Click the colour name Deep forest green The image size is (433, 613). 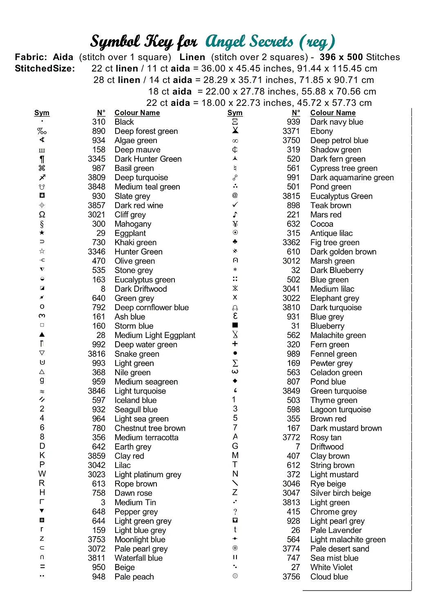point(146,131)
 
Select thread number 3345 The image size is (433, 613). point(96,159)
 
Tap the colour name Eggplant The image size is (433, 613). point(130,233)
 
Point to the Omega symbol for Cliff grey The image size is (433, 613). point(42,215)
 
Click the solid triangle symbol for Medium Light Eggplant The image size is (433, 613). point(42,335)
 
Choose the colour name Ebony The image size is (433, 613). point(321,131)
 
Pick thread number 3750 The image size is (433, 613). point(291,141)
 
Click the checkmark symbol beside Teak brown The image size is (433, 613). point(235,205)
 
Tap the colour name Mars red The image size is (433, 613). point(326,215)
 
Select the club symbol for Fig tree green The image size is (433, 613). point(235,242)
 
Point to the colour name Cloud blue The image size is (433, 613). point(329,577)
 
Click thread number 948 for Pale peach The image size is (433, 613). point(98,577)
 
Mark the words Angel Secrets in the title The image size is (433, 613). point(249,42)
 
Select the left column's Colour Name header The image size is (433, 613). point(137,113)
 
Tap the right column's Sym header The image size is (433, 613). point(235,113)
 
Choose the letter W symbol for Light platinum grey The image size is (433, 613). point(42,474)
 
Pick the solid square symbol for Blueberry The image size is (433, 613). point(235,325)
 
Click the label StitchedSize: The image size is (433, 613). point(45,69)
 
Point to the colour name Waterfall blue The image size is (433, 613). point(138,558)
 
